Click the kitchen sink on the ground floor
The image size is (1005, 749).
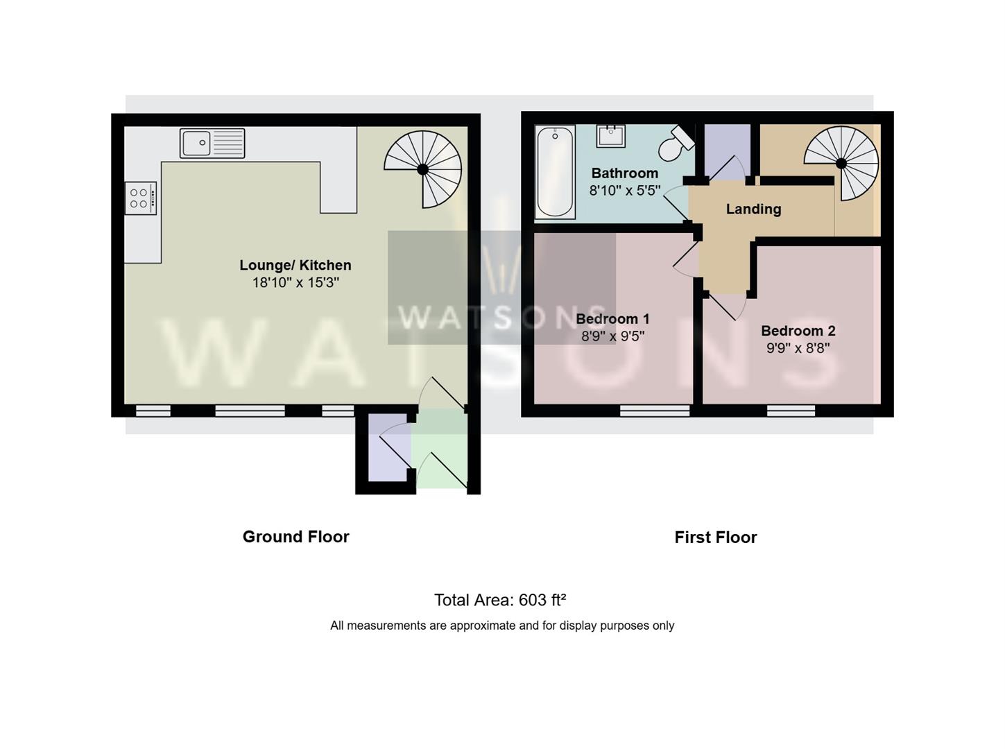coord(212,144)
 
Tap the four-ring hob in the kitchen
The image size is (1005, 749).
coord(141,198)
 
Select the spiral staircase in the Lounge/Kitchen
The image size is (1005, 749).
coord(422,169)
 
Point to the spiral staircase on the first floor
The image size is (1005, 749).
coord(841,163)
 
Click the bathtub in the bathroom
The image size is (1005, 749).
coord(555,172)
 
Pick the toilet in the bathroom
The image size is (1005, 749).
coord(676,142)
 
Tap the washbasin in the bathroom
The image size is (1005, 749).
coord(611,136)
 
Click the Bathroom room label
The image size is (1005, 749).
coord(624,173)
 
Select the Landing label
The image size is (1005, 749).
coord(754,209)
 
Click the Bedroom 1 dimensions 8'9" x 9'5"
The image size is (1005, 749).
coord(612,336)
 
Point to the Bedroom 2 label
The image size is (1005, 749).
coord(798,331)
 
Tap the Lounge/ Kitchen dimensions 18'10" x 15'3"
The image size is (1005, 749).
coord(295,282)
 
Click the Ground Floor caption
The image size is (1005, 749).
coord(295,537)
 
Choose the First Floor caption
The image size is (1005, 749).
coord(716,537)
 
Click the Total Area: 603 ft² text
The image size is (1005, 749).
coord(500,600)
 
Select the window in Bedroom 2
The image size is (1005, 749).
coord(791,411)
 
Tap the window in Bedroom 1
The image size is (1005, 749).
coord(655,411)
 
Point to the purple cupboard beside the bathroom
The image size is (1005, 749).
coord(727,150)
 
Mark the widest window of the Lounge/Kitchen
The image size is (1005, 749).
coord(250,411)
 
